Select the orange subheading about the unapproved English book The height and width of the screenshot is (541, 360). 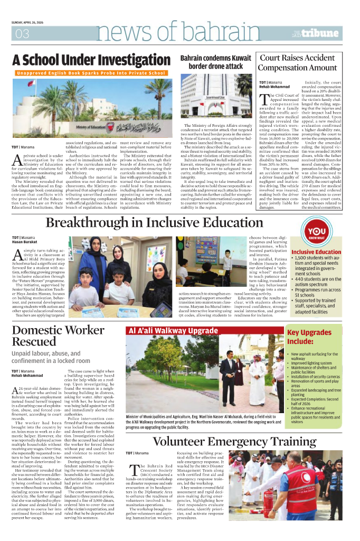(91, 73)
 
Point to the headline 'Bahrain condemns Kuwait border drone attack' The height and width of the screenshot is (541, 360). (216, 62)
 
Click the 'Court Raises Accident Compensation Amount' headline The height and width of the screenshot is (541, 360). (305, 63)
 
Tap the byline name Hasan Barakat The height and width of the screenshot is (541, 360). (25, 242)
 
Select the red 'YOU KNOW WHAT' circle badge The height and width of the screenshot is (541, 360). (316, 234)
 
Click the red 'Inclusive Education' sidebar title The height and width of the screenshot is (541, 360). (316, 252)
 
